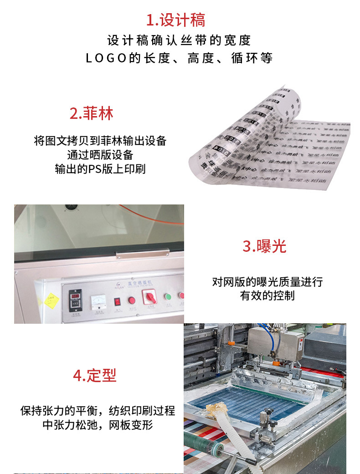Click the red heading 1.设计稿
click(x=175, y=20)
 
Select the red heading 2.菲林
click(x=91, y=113)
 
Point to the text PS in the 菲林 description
click(x=100, y=169)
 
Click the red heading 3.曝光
click(x=264, y=246)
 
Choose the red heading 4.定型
click(x=95, y=375)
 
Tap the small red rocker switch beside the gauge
click(x=117, y=301)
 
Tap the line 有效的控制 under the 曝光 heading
click(x=267, y=296)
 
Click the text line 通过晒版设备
click(x=100, y=155)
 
